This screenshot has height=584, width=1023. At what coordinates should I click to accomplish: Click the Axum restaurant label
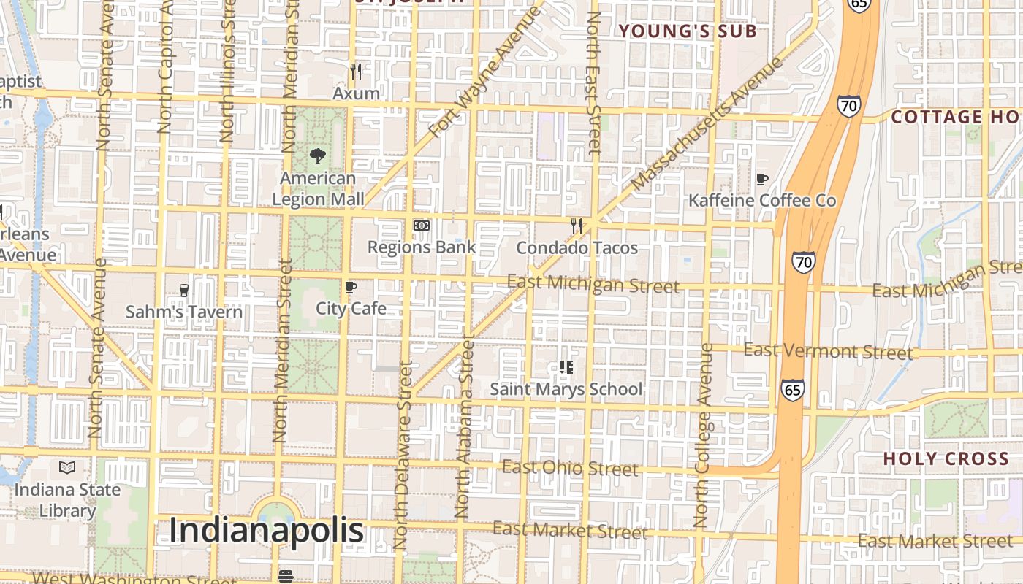click(x=356, y=93)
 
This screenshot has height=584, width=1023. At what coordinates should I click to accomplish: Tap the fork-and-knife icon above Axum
click(x=356, y=72)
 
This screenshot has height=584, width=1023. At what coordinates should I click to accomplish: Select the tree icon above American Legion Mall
click(x=317, y=155)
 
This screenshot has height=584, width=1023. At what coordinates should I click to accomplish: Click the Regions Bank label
click(x=421, y=247)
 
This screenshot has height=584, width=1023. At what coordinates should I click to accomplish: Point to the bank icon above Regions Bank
click(x=421, y=226)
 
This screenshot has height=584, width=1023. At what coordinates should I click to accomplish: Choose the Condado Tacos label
click(x=577, y=248)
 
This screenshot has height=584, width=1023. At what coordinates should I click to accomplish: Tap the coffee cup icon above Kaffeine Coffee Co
click(x=761, y=179)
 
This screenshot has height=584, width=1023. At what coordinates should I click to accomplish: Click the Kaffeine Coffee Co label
click(x=762, y=200)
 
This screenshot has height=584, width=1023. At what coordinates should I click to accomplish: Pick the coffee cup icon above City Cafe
click(x=351, y=287)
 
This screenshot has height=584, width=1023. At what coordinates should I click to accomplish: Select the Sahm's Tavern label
click(x=184, y=312)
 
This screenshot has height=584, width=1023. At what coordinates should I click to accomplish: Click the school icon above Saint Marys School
click(x=566, y=366)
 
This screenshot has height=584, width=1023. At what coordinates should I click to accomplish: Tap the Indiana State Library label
click(x=67, y=500)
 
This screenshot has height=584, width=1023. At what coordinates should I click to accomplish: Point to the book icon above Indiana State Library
click(x=67, y=467)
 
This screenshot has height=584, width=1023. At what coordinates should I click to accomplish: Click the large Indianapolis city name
click(x=266, y=531)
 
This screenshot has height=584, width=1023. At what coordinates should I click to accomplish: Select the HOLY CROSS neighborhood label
click(x=946, y=459)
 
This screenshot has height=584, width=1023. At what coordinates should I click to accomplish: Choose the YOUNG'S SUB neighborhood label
click(x=687, y=31)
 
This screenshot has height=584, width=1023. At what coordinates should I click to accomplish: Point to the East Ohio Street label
click(x=570, y=468)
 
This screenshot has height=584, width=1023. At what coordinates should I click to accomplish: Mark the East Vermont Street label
click(x=828, y=352)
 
